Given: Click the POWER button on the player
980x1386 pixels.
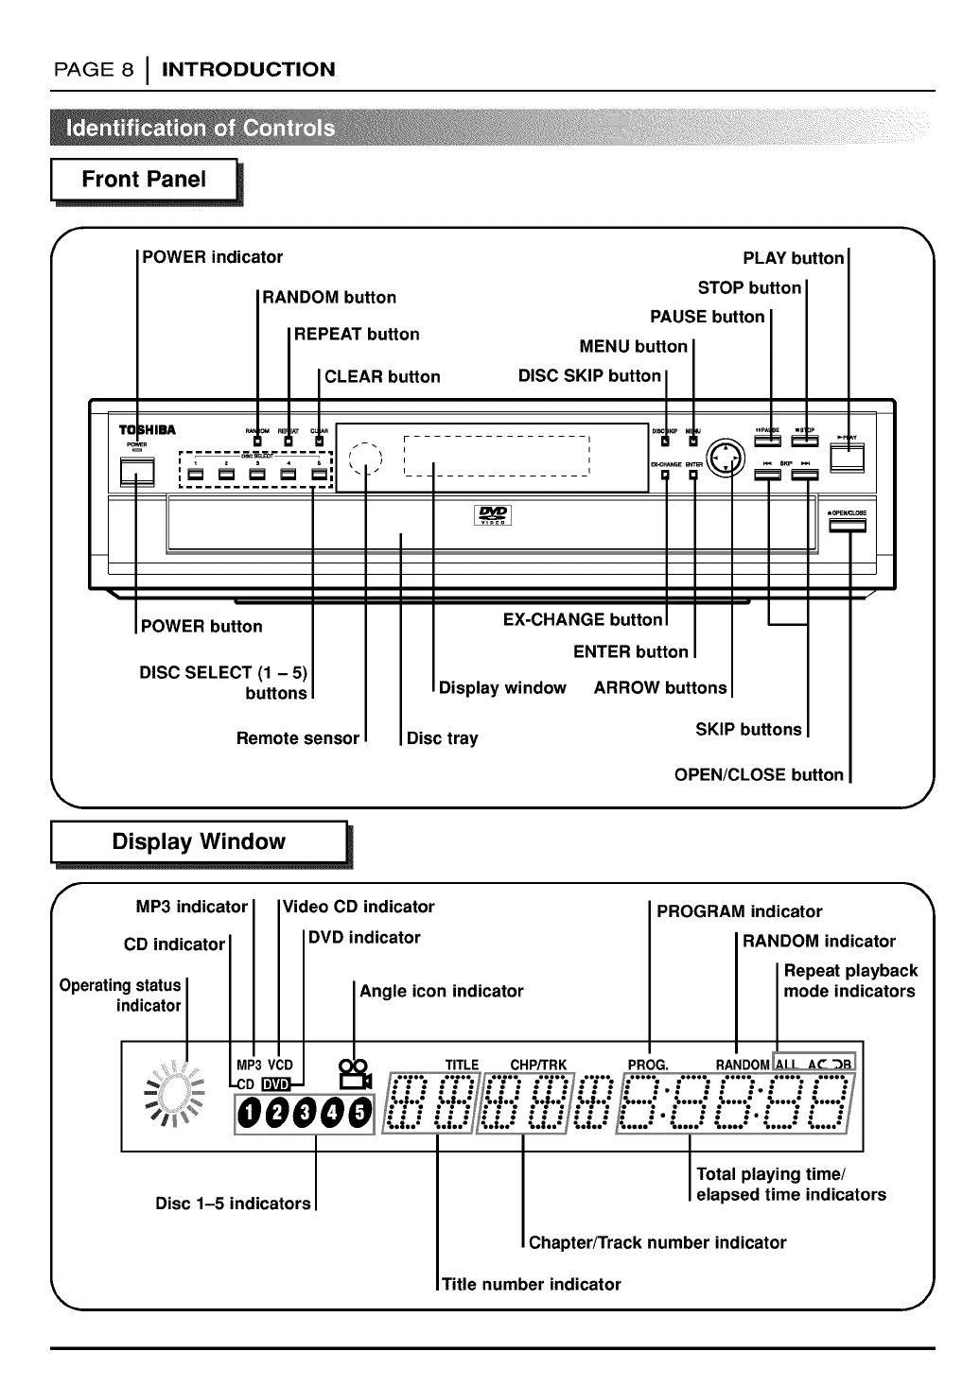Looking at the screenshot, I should coord(136,472).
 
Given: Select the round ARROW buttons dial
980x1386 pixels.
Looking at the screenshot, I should coord(726,459).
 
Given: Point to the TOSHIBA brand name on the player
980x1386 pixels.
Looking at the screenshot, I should coord(146,431).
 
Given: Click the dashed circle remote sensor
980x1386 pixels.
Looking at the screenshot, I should coord(364,459).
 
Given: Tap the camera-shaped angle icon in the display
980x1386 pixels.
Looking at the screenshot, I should coord(354,1075).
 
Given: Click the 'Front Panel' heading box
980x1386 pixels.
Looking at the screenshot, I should coord(144,180).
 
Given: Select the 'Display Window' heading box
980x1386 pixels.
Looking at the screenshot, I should coord(199,842).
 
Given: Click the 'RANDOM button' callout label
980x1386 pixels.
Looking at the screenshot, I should coord(329,298).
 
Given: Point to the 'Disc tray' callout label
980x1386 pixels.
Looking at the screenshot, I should coord(442,738).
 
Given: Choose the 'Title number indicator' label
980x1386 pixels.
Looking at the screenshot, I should coord(532,1284).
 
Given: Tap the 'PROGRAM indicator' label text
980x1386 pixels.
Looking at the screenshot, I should coord(740,912).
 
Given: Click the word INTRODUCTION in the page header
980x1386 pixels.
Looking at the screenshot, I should coord(249,69).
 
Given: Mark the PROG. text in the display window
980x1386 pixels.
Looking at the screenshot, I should coord(648,1065).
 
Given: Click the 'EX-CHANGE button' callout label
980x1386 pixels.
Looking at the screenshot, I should coord(583,620).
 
